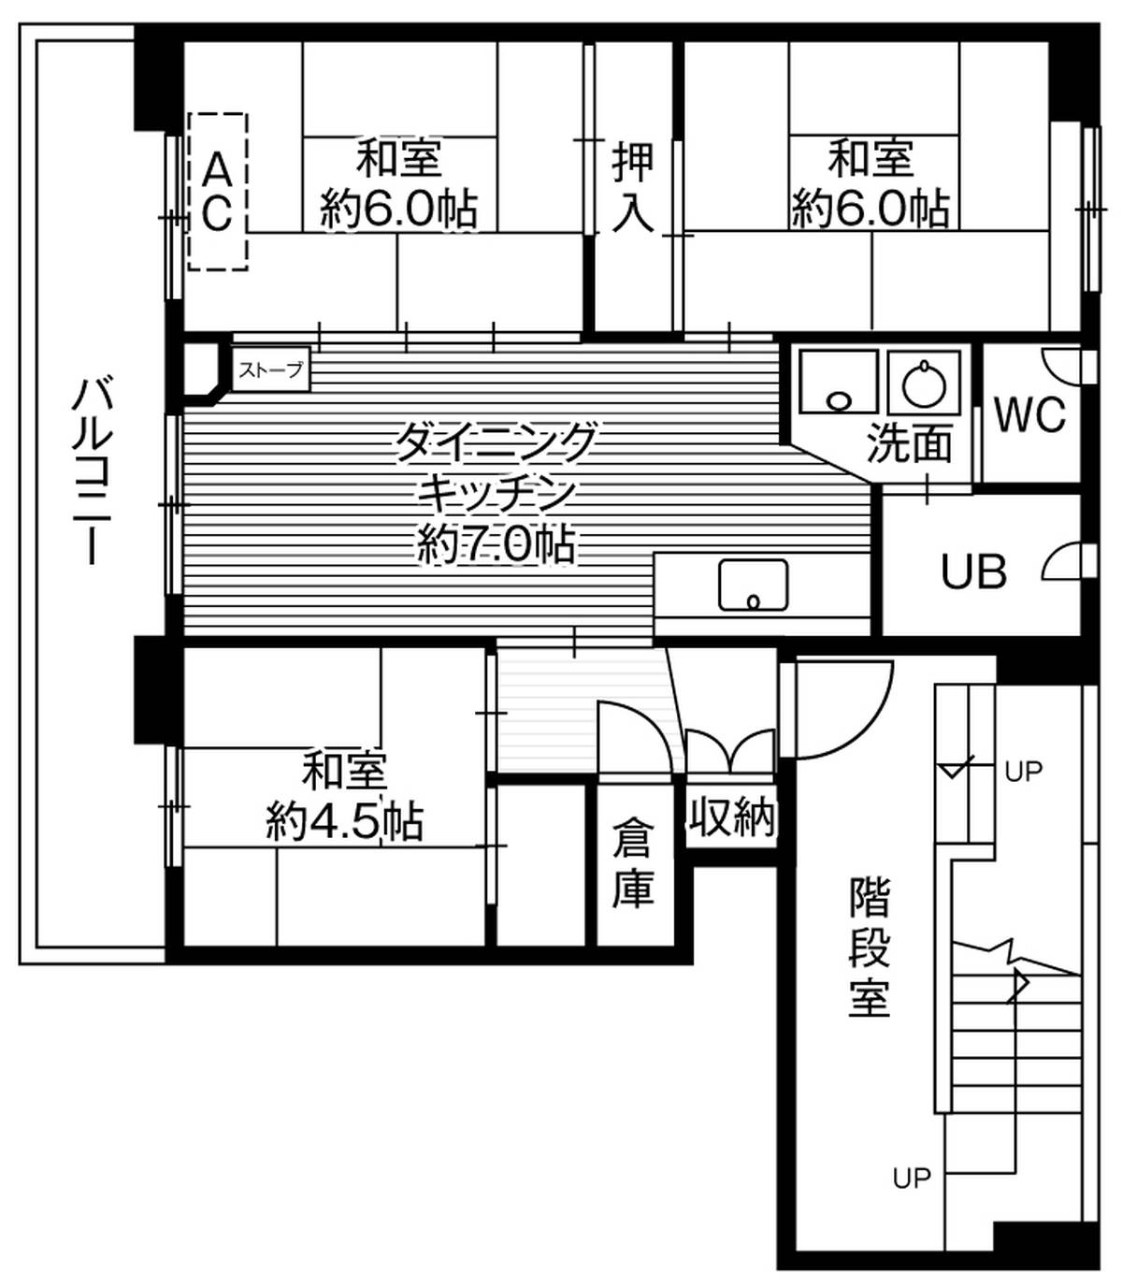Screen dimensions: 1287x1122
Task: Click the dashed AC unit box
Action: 217,192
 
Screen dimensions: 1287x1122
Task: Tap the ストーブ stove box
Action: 270,369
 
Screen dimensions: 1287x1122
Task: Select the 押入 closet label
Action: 633,187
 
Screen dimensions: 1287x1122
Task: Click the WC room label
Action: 1029,414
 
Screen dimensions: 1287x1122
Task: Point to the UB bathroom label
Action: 973,571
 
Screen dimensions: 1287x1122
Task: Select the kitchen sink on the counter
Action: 753,585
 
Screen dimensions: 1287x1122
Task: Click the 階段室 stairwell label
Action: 869,946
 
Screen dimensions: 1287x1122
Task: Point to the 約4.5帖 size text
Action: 344,822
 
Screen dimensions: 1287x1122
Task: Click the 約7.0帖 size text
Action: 496,543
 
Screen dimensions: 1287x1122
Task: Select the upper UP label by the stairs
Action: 1023,773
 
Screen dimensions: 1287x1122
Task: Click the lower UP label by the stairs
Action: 912,1178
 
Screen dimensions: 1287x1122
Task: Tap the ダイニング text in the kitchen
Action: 496,441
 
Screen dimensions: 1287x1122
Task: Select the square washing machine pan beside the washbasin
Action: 838,382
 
